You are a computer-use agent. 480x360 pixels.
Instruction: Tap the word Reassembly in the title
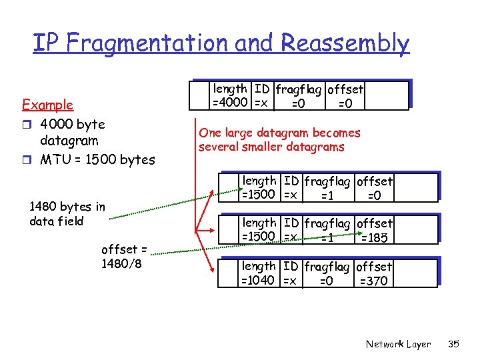tap(345, 43)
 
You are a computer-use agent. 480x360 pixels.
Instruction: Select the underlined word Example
tap(47, 105)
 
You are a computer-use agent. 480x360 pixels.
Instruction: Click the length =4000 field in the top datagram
tap(230, 96)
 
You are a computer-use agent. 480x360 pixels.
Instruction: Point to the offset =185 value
tap(375, 231)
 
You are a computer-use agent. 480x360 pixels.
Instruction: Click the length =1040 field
tap(259, 274)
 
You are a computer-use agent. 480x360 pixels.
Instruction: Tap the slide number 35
tap(454, 344)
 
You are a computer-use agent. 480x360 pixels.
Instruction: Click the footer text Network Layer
tap(398, 344)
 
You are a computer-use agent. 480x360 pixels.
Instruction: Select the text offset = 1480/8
tap(124, 256)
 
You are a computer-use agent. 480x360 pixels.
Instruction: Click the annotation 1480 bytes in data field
tap(67, 214)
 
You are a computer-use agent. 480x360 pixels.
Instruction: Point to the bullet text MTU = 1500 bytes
tap(97, 159)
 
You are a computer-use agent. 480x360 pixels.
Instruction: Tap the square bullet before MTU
tap(27, 160)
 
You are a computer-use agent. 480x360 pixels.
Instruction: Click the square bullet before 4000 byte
tap(27, 125)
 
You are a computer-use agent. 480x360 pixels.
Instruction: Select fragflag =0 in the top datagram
tap(298, 96)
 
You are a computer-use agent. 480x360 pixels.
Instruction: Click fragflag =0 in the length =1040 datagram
tap(327, 274)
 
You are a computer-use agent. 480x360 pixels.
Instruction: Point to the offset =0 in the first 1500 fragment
tap(375, 188)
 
